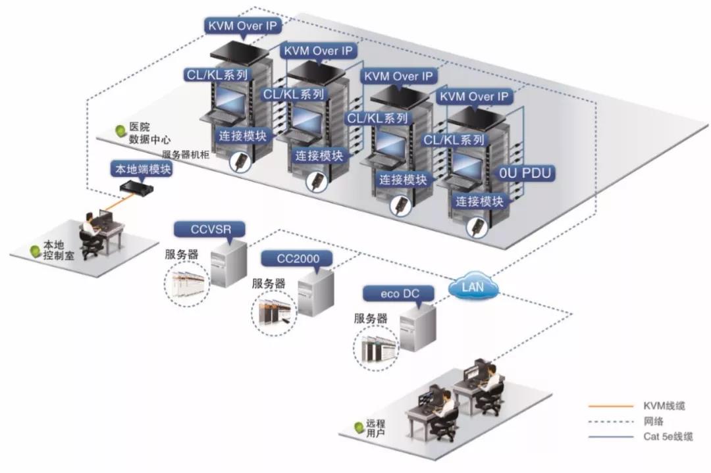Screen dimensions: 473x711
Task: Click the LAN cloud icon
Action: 473,287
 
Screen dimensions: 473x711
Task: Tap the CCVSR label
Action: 209,229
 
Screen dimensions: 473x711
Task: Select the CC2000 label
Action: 298,258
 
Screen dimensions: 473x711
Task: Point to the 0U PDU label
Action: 525,174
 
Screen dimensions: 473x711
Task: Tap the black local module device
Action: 137,189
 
